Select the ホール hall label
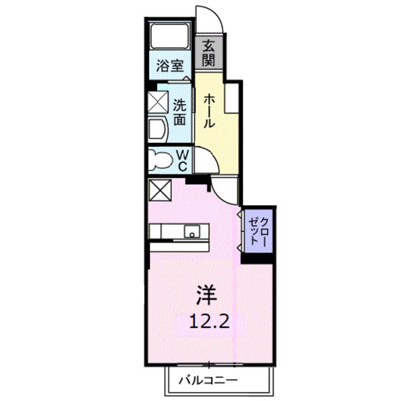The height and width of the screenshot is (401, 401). [x=209, y=110]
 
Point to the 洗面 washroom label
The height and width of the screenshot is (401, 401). [x=179, y=111]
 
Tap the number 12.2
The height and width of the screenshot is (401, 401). [x=210, y=322]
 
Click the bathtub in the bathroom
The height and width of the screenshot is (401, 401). [x=170, y=36]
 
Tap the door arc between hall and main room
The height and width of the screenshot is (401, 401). [x=224, y=188]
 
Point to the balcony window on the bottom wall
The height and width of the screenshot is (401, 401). [x=209, y=365]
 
